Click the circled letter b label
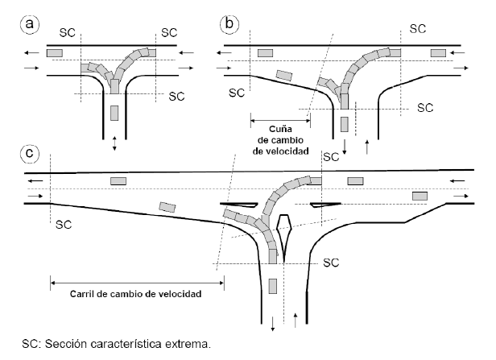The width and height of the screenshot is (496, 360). [230, 25]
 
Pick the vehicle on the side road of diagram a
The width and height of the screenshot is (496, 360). [114, 110]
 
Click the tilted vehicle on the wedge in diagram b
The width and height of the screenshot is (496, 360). [283, 76]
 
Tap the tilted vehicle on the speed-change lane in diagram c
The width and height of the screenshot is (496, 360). [167, 207]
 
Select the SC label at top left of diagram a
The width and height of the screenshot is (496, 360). [70, 32]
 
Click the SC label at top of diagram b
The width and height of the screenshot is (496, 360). [417, 28]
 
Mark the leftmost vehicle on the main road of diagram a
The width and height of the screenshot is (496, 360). [55, 53]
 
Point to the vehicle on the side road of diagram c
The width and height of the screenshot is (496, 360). [274, 285]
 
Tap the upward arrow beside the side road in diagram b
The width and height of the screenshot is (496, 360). [369, 145]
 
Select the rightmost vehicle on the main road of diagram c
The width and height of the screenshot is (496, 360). [419, 196]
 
